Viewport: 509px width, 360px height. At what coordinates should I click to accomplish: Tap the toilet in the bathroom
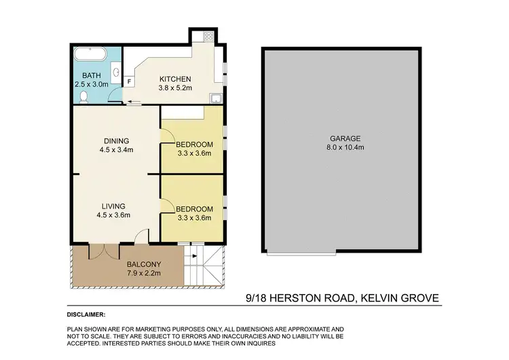pos(83,96)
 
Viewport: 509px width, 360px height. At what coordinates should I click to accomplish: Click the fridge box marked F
pos(129,81)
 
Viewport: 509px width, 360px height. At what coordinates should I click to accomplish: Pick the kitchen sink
pos(216,98)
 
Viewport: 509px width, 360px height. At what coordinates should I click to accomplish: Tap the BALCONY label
pos(143,264)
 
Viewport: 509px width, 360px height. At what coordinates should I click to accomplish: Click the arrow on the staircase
pos(194,256)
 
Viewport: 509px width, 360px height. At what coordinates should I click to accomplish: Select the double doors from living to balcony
pos(99,251)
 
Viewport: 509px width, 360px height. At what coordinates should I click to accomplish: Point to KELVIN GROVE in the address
pos(400,298)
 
